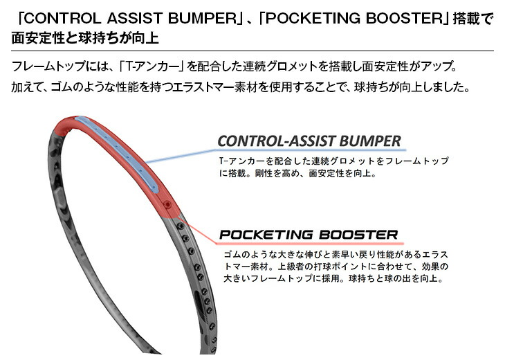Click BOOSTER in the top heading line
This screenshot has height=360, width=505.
point(405,19)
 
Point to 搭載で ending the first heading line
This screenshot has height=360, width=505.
point(472,19)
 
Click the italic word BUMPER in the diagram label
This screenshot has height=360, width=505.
point(370,141)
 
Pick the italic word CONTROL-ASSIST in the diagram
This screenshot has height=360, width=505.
point(277,141)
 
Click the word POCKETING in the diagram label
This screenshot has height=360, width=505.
point(266,235)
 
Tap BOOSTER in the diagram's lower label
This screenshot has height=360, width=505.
point(358,235)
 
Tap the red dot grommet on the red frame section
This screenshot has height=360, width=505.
point(167,204)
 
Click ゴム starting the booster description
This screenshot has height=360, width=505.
point(232,255)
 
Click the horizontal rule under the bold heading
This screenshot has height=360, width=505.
point(252,51)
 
